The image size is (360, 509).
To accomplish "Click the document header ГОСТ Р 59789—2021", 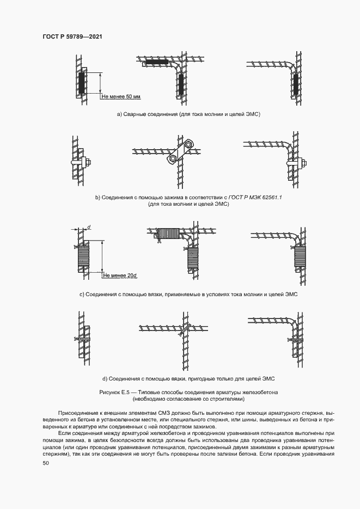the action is (x=72, y=36).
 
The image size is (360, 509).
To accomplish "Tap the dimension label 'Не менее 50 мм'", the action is (x=121, y=96).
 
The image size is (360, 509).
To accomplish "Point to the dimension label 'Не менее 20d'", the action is (x=121, y=275).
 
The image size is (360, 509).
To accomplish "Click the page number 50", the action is (x=45, y=463).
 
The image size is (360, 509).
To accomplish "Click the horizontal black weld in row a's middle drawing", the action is (x=157, y=64).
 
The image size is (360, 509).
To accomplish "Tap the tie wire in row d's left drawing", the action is (x=80, y=339).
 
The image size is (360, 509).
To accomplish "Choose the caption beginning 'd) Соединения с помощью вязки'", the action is (x=188, y=378).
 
